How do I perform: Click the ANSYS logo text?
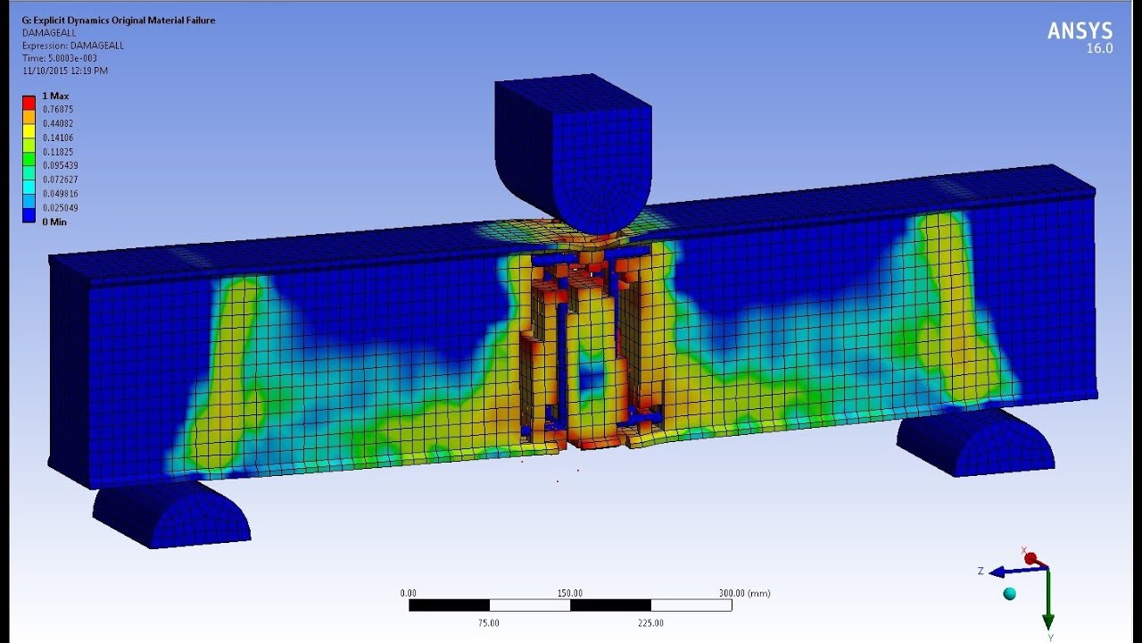coord(1080,31)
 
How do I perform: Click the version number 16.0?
coord(1099,48)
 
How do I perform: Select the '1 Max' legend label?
coord(55,96)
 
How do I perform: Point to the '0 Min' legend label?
coord(54,222)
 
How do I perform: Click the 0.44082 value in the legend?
coord(58,123)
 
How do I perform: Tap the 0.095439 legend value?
coord(60,165)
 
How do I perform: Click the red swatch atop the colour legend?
coord(29,103)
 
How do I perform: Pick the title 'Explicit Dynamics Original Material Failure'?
coord(124,21)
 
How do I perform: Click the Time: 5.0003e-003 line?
coord(60,58)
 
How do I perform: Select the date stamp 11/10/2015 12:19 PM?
coord(65,71)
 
